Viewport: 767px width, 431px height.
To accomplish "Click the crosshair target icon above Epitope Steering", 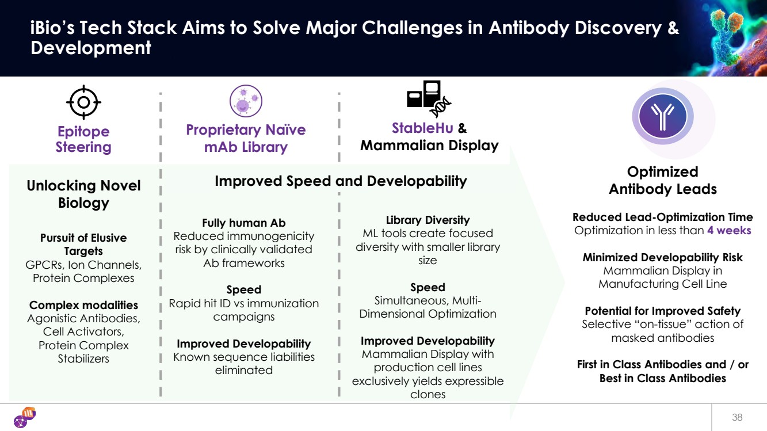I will coord(83,102).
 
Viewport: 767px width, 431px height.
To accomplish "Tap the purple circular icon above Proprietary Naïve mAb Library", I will coord(246,101).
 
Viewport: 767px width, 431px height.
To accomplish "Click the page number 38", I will coord(737,417).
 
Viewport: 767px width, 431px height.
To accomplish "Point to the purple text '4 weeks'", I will coord(729,230).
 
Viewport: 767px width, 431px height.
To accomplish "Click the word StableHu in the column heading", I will coord(422,128).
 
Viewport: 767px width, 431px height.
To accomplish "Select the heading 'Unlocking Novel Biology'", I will coord(83,194).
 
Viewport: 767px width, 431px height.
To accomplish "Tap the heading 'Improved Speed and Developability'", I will coord(341,181).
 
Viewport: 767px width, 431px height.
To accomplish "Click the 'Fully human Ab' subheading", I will coord(243,223).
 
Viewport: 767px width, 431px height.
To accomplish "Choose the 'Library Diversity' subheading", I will coord(428,220).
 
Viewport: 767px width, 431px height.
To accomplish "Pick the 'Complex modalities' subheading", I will coord(83,305).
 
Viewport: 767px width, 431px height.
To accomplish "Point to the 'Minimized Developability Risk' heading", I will coord(662,257).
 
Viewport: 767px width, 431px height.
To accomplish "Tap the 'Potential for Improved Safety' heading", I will coord(662,311).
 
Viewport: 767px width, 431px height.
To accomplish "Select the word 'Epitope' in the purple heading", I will coord(83,132).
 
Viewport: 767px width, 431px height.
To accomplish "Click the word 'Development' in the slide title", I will coord(91,48).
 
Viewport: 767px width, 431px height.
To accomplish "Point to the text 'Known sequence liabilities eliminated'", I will coord(243,363).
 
